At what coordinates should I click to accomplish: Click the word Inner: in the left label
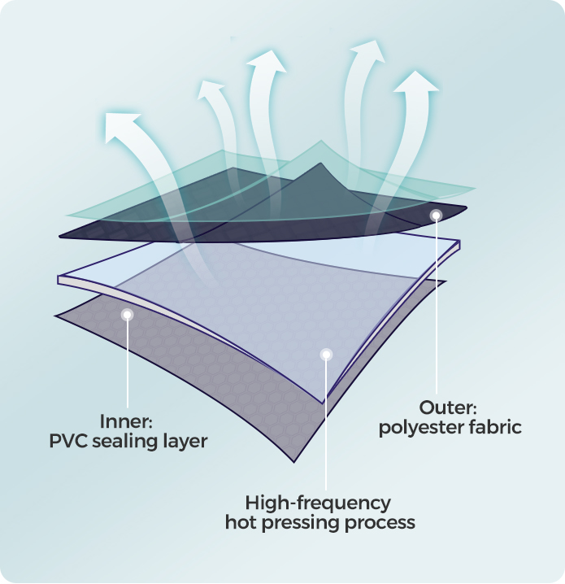coord(126,422)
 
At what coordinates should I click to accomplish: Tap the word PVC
coord(68,442)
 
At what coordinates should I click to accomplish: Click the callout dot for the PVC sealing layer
coord(126,314)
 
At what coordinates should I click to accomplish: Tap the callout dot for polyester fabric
coord(437,216)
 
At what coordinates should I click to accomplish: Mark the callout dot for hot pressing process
coord(326,355)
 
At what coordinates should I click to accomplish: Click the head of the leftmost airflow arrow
coord(120,126)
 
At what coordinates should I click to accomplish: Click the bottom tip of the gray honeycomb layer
coord(297,460)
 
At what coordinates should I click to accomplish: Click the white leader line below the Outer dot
coord(437,309)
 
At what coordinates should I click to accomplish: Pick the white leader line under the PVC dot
coord(126,366)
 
